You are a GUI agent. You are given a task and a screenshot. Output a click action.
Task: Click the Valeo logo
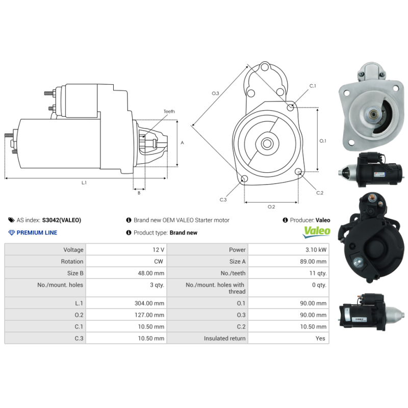(x=317, y=232)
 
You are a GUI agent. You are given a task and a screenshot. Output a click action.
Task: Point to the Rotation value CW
(x=159, y=262)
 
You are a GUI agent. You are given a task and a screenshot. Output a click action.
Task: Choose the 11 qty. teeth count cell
(x=317, y=273)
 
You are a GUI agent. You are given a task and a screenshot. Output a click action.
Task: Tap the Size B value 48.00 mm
(x=151, y=273)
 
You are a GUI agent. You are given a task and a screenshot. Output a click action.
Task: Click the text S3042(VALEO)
(x=61, y=220)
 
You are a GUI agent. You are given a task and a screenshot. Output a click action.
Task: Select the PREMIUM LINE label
(x=37, y=233)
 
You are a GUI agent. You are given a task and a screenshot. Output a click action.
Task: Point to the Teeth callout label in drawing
(x=169, y=111)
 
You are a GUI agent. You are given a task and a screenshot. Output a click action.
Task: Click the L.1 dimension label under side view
(x=84, y=183)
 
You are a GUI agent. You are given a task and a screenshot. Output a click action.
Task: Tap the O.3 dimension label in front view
(x=215, y=93)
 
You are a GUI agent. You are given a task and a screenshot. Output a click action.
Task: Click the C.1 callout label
(x=313, y=86)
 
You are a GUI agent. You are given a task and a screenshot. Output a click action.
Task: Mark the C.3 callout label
(x=223, y=199)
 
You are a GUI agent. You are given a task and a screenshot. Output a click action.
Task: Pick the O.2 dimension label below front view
(x=271, y=207)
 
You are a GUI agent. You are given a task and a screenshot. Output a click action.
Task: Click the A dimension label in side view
(x=182, y=143)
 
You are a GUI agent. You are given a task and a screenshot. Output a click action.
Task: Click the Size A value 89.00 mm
(x=314, y=262)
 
